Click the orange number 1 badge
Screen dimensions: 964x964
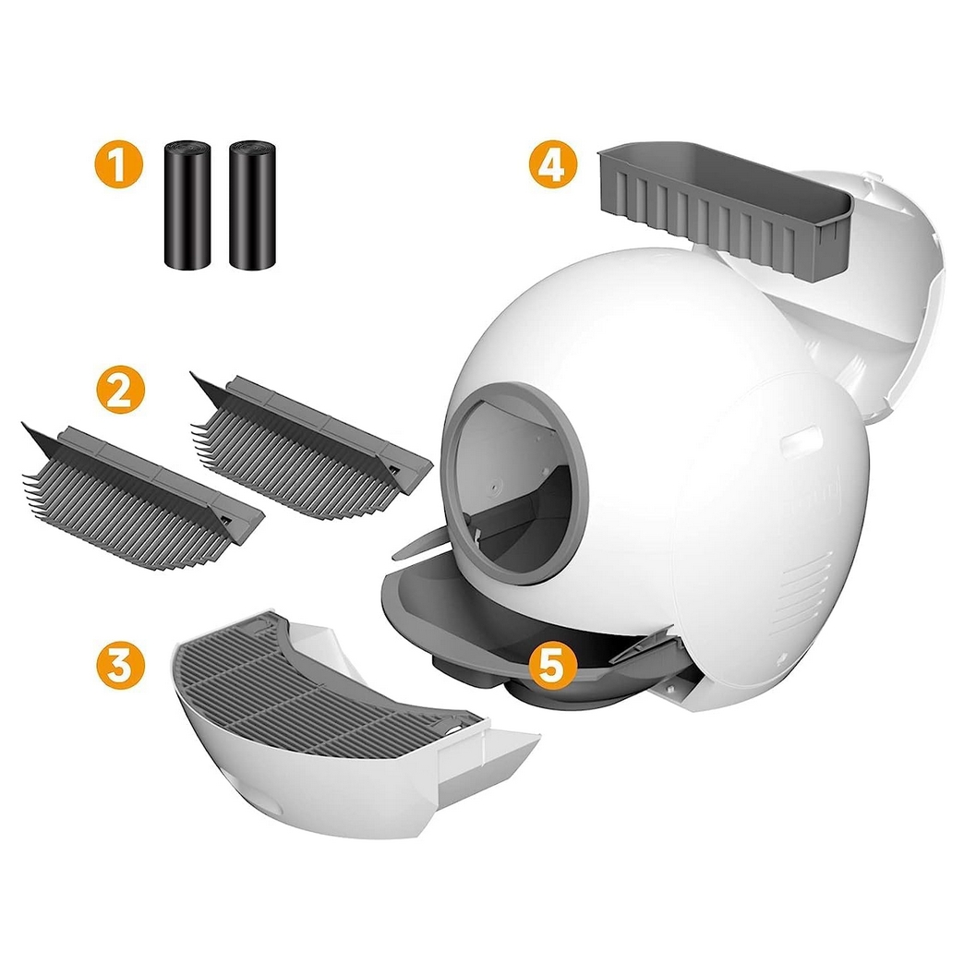tap(119, 163)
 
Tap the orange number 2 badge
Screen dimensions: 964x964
tap(120, 390)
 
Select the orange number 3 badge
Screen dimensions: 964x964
tap(120, 667)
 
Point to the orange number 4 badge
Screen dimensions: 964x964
tap(553, 163)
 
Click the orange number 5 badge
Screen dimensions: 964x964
tap(551, 667)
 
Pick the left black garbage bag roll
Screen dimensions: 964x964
tap(187, 205)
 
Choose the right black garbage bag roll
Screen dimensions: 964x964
tap(252, 205)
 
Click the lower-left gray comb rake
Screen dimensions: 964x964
tap(141, 496)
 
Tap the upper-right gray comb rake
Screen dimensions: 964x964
tap(310, 445)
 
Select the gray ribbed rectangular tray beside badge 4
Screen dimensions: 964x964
tap(726, 214)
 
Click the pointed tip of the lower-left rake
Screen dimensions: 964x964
tap(23, 423)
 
